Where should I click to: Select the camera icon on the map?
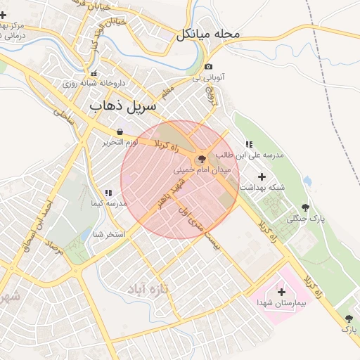click(x=209, y=67)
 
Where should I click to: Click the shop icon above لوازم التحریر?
click(x=120, y=131)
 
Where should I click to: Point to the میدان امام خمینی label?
click(x=200, y=171)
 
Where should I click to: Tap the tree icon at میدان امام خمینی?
click(x=202, y=160)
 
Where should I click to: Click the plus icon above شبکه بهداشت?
click(x=263, y=176)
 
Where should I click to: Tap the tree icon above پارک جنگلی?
click(x=305, y=207)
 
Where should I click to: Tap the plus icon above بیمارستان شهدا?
click(x=282, y=291)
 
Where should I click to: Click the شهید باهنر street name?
click(x=169, y=193)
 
